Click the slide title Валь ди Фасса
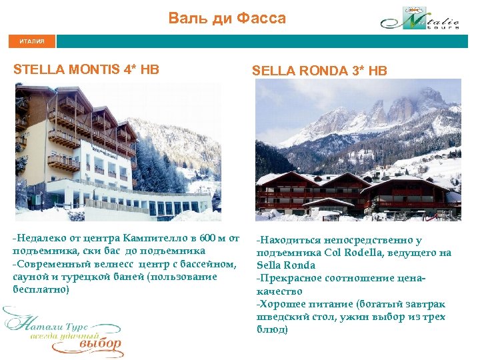click(x=227, y=19)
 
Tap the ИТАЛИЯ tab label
click(x=32, y=41)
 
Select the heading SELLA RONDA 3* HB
click(x=319, y=71)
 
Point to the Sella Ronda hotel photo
click(x=358, y=150)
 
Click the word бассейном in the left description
click(x=205, y=264)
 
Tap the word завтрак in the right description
click(x=424, y=304)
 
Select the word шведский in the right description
click(x=281, y=317)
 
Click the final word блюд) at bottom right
click(x=272, y=329)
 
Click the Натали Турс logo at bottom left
click(x=63, y=331)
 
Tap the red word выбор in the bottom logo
click(x=100, y=345)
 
